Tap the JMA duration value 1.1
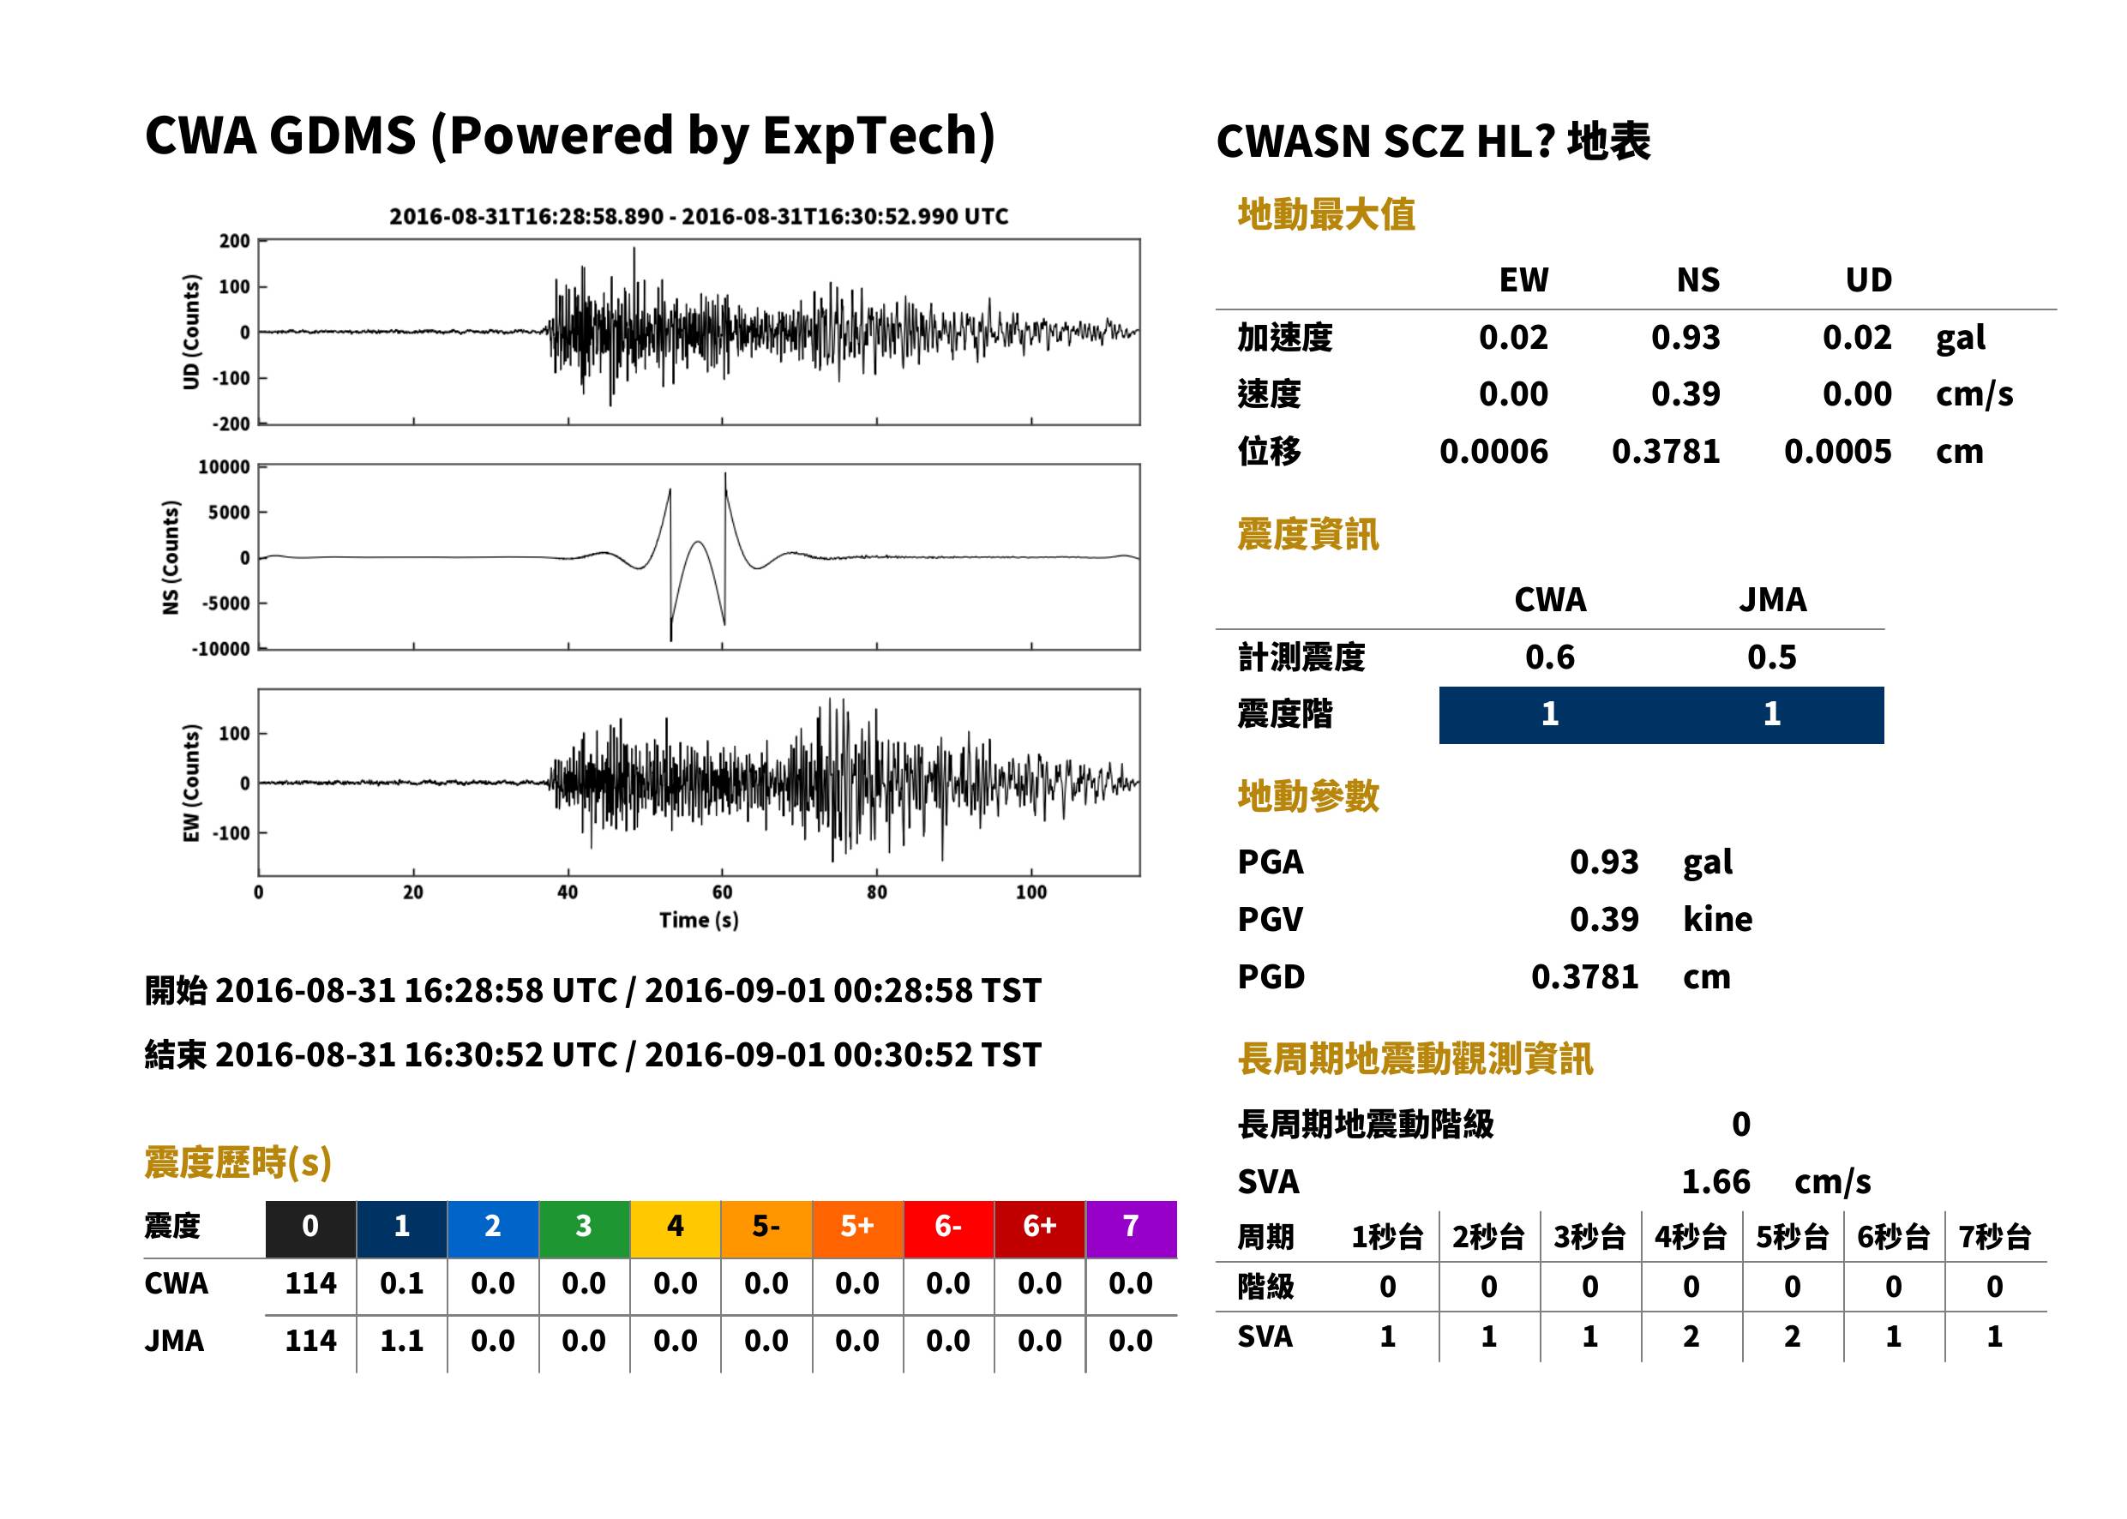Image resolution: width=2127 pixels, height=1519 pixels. [401, 1341]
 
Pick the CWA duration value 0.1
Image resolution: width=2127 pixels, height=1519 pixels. [401, 1283]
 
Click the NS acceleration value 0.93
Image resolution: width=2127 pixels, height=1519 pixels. [1685, 337]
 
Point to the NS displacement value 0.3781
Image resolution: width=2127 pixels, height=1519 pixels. [1666, 452]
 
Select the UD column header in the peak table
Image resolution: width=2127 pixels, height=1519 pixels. [1868, 280]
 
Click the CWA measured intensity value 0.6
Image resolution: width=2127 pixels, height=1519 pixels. [1550, 657]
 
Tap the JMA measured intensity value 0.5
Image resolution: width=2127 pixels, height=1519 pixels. [1771, 657]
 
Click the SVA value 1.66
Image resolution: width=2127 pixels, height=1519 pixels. [1715, 1182]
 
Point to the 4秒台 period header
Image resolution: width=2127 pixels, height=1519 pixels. [1690, 1238]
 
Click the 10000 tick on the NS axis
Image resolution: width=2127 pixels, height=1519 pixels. [225, 466]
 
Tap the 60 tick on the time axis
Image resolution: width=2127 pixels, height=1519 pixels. [722, 892]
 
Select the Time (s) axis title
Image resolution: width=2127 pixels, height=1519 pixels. [699, 921]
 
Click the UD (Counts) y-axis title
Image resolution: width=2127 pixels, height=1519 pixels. [192, 332]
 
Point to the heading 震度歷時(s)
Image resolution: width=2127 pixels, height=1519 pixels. [238, 1162]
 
